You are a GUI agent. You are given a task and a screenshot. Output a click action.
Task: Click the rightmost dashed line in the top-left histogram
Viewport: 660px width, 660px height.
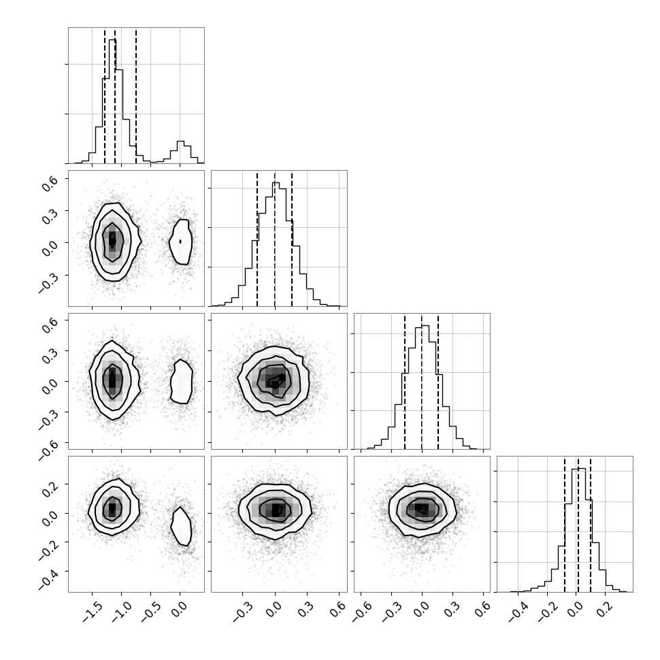tap(136, 95)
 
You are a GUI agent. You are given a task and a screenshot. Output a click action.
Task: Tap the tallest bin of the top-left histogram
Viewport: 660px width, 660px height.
tap(112, 101)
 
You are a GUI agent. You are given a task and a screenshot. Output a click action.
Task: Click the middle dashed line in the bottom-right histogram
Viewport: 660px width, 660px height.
tap(578, 525)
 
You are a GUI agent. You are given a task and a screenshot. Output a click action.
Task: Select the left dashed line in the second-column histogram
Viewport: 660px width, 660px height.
tap(257, 239)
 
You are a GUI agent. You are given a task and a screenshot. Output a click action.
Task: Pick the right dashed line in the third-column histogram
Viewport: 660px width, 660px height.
tap(438, 381)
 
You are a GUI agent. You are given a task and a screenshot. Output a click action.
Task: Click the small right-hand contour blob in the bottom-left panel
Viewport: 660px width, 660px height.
tap(182, 526)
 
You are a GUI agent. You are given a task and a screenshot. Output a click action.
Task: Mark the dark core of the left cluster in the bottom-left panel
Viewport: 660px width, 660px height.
tap(112, 508)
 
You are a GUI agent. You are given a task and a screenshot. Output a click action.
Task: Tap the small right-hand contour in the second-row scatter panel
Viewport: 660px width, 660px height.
tap(180, 242)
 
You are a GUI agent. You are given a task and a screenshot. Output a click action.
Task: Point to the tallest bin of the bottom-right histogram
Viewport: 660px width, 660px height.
tap(578, 530)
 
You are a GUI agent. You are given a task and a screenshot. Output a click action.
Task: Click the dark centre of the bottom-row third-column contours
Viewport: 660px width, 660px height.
tap(422, 510)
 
